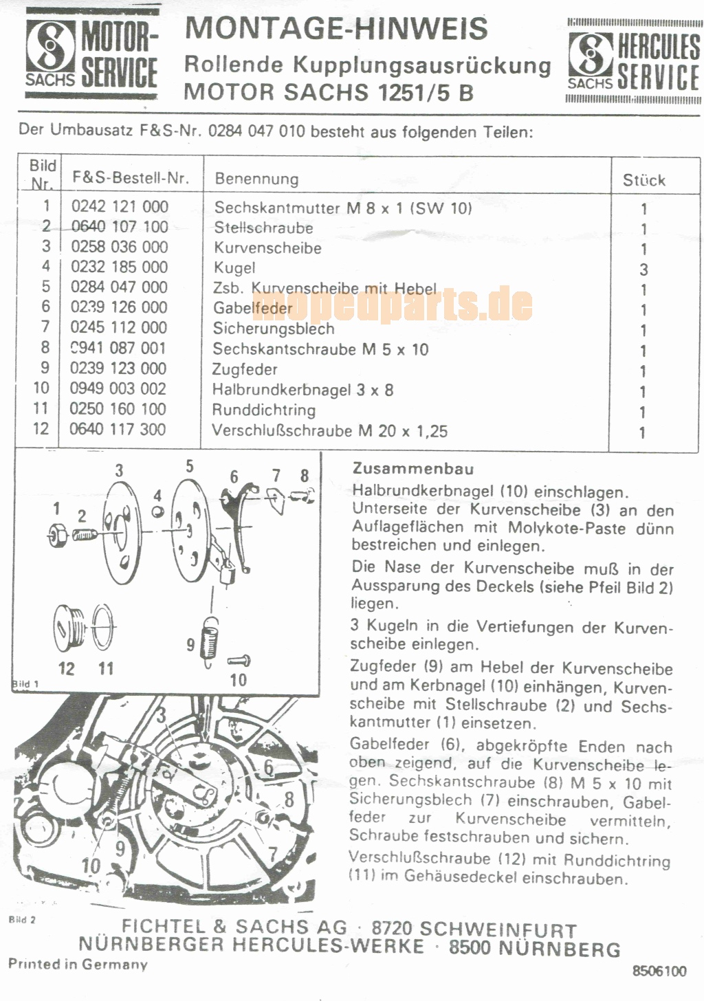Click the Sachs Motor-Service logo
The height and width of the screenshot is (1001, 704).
[x=91, y=54]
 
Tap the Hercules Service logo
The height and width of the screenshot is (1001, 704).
[x=634, y=61]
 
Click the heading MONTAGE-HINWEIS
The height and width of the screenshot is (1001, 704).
[x=335, y=28]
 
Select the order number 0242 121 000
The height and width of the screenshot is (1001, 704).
[x=120, y=207]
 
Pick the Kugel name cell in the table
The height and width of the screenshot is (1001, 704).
[x=234, y=267]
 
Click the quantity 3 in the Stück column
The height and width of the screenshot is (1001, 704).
[x=643, y=269]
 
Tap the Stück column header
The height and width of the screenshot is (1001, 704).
[x=644, y=181]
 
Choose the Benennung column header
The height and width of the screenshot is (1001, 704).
[x=256, y=179]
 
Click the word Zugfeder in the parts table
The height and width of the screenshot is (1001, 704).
[x=245, y=370]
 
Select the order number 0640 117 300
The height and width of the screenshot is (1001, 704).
[x=118, y=429]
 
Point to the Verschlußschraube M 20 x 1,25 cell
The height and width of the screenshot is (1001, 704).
[x=329, y=431]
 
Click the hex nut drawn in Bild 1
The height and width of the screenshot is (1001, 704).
[x=57, y=534]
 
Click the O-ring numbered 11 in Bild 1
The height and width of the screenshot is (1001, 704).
[x=103, y=628]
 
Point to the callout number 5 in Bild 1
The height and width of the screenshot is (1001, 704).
[x=190, y=467]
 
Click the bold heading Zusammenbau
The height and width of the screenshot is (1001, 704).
[x=413, y=469]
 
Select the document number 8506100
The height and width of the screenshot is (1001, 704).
[x=659, y=971]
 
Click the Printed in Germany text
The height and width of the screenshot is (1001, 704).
[x=78, y=963]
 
